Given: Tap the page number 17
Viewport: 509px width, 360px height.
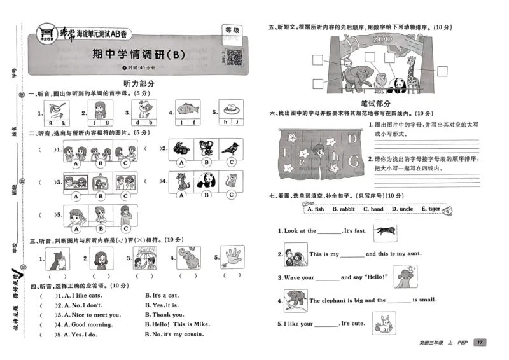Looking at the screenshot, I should click(x=480, y=343).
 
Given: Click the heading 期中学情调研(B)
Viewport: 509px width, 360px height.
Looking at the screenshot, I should click(x=138, y=54).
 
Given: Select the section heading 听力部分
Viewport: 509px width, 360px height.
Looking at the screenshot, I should click(x=139, y=83).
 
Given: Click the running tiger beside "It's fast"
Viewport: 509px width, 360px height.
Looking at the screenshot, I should click(x=386, y=231).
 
